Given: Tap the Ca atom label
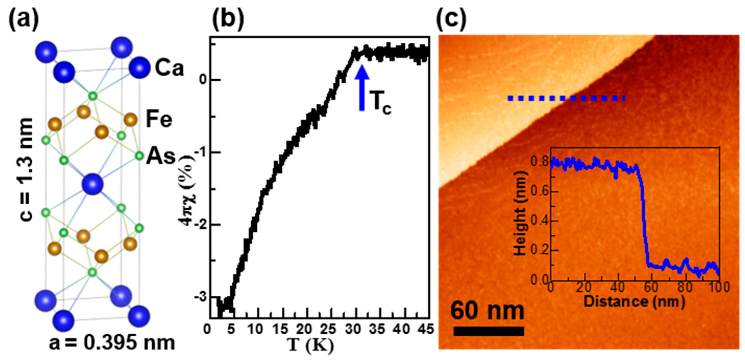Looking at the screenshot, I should point(169,68).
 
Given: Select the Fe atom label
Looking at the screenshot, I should point(159,119).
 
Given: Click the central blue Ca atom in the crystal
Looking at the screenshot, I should point(93,184).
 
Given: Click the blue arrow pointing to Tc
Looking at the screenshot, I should point(362,88).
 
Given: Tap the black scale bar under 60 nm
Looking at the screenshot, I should point(489,331).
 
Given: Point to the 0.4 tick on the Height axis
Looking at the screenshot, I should point(540,221).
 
